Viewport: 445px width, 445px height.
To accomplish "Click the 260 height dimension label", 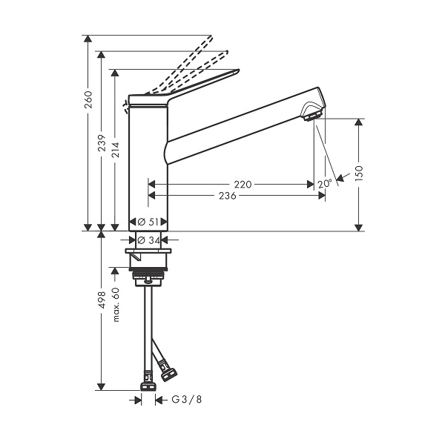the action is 89,99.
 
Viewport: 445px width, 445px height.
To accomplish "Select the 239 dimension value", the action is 102,142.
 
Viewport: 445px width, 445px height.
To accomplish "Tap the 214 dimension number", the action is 115,150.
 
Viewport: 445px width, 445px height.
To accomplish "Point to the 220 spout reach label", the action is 243,185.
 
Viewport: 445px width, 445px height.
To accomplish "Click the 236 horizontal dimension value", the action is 228,196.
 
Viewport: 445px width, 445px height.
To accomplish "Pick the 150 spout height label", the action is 359,173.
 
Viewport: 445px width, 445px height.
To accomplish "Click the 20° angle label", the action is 324,184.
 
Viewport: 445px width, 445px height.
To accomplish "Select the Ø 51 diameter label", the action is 148,222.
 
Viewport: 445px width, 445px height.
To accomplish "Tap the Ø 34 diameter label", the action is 149,240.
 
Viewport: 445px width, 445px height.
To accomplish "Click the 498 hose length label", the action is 102,300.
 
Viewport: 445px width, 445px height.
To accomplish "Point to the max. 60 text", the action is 116,305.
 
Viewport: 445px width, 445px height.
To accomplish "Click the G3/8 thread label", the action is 187,400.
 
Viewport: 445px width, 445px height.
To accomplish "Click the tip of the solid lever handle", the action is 239,70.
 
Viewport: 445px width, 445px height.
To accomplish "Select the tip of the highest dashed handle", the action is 211,36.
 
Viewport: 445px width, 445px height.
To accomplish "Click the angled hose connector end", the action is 168,374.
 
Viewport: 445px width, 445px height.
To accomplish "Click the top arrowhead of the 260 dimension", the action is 88,39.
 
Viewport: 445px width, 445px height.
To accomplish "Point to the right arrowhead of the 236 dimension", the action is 322,196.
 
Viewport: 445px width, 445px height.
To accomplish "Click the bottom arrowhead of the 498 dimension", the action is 101,386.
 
